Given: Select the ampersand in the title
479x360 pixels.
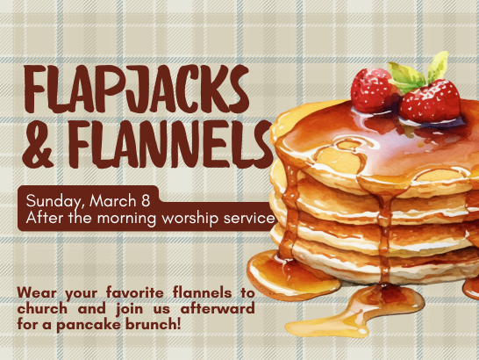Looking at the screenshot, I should point(36,146).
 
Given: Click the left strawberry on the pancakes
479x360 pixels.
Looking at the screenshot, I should point(375,89).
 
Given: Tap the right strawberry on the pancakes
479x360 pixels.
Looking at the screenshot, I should point(431,102).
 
